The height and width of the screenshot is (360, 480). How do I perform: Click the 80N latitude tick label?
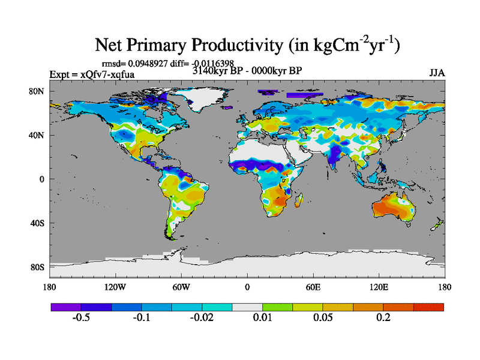(x=39, y=91)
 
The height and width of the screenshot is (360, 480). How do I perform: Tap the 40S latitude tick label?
(x=39, y=223)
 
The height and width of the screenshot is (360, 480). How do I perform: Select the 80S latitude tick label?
(x=39, y=267)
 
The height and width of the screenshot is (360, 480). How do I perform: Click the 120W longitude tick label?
(x=115, y=287)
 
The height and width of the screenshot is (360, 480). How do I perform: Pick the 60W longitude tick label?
(x=181, y=287)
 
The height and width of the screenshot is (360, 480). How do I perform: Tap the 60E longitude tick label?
(x=313, y=287)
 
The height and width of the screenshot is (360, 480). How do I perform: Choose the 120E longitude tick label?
(x=379, y=287)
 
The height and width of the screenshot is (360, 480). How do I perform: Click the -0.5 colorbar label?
(x=81, y=317)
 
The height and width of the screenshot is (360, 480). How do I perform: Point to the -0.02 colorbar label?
(x=202, y=317)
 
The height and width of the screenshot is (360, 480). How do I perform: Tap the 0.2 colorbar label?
(x=383, y=317)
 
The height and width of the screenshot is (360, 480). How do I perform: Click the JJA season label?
(x=437, y=73)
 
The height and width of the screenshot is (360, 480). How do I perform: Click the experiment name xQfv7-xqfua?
(x=107, y=74)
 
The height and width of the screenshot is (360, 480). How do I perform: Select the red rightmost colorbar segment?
(x=428, y=307)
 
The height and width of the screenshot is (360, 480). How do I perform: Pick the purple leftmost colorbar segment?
(x=66, y=307)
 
